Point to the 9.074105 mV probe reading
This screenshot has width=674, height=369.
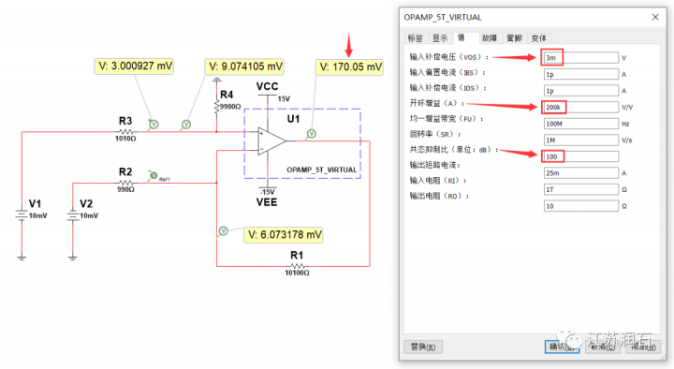(x=246, y=67)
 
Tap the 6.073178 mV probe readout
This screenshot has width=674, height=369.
(x=285, y=234)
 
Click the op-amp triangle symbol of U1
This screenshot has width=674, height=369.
(x=272, y=140)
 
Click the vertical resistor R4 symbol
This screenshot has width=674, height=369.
(x=217, y=107)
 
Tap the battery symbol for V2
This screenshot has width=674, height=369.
(x=73, y=214)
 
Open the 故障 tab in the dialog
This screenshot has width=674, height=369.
(x=489, y=38)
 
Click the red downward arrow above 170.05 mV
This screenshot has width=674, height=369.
(x=350, y=43)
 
